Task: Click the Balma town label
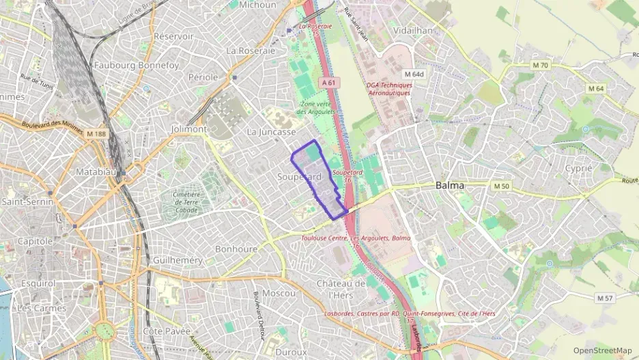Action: (450, 185)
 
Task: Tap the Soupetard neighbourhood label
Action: (299, 176)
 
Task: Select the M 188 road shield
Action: (97, 135)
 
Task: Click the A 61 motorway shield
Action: (329, 82)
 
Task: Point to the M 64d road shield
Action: (414, 74)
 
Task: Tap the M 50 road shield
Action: (501, 186)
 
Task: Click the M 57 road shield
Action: (605, 298)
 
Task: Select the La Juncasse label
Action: (271, 131)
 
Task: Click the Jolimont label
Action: (189, 128)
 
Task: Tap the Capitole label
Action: (35, 241)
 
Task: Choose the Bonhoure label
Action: (236, 249)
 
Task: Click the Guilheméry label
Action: (178, 260)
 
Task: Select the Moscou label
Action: (279, 293)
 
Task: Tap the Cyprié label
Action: (578, 168)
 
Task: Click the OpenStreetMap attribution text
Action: (602, 350)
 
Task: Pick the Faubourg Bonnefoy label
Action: (137, 66)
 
